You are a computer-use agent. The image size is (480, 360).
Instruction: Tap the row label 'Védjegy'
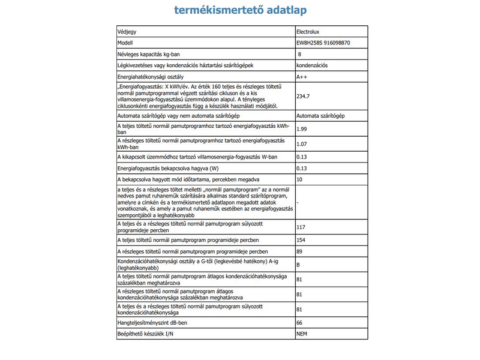tap(128, 32)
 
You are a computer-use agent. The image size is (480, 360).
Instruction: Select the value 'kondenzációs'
tap(312, 65)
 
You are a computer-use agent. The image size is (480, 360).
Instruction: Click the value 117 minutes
tap(302, 228)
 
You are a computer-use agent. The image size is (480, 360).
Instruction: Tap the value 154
tap(302, 240)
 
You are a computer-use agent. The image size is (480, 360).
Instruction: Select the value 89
tap(300, 251)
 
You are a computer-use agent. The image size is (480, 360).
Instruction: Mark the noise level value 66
tap(300, 323)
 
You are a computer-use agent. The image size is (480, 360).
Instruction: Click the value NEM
tap(303, 334)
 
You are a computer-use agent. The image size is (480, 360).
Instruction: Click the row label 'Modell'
tap(126, 43)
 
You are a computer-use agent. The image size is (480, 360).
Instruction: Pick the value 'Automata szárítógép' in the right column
tap(320, 115)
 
